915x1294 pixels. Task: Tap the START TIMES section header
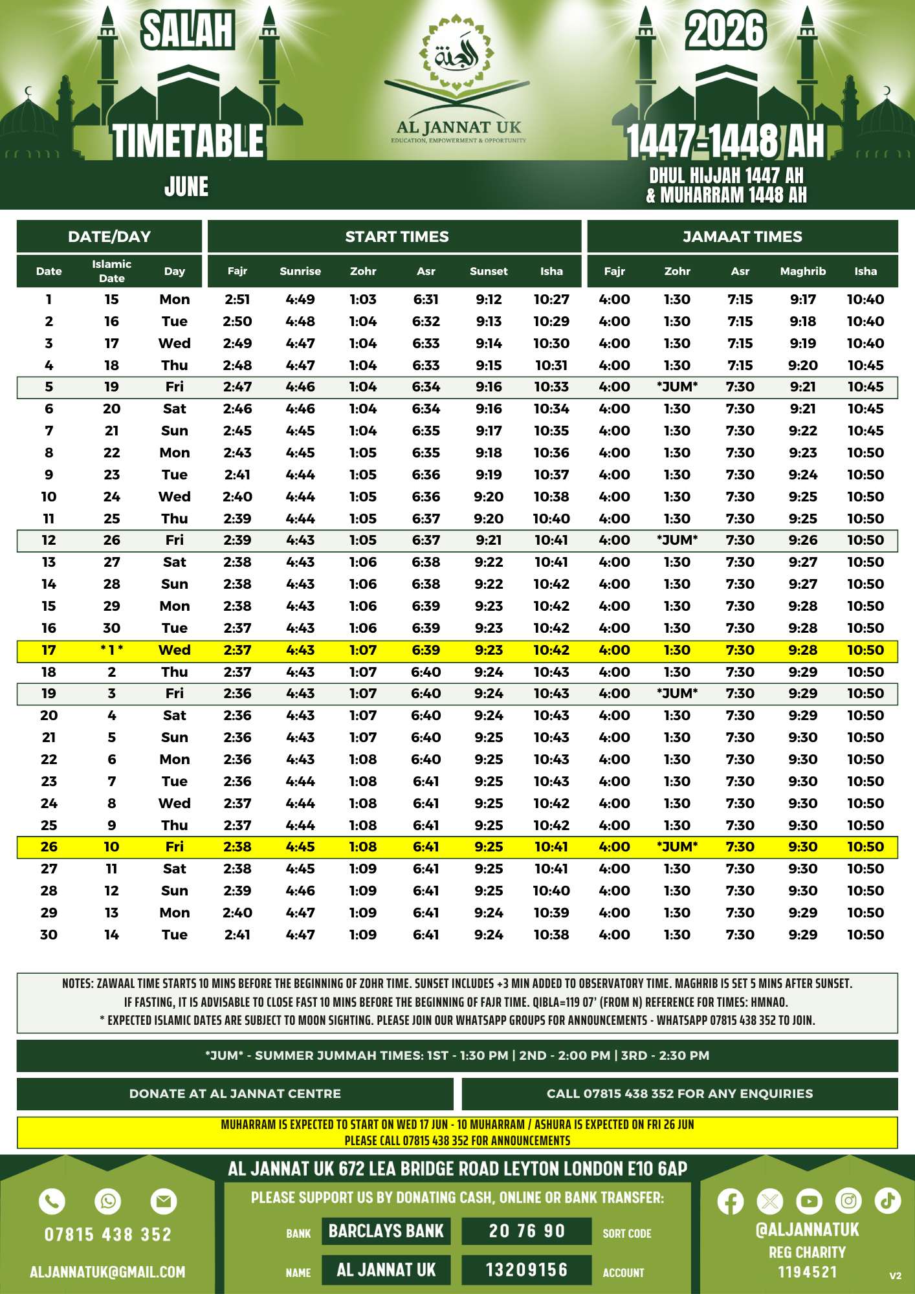pos(396,237)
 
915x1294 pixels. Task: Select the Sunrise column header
pos(300,271)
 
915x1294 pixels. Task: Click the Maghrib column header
pos(802,271)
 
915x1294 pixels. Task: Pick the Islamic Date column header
pos(111,271)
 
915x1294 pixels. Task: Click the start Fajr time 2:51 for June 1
pos(237,300)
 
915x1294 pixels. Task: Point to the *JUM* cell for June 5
pos(677,387)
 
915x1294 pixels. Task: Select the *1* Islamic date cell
pos(111,650)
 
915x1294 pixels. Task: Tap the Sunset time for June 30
pos(489,935)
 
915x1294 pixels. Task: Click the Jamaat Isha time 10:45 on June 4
pos(865,366)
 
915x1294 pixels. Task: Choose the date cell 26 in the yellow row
pos(49,847)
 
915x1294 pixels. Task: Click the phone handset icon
pos(52,1201)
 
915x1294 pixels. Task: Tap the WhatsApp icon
pos(107,1201)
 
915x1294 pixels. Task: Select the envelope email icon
pos(163,1201)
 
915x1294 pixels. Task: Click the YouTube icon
pos(809,1201)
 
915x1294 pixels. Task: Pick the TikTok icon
pos(887,1201)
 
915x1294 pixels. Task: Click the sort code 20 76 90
pos(527,1231)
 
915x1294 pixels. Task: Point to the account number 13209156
pos(527,1270)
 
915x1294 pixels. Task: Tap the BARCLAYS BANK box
pos(386,1231)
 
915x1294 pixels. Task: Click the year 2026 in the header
pos(725,31)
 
